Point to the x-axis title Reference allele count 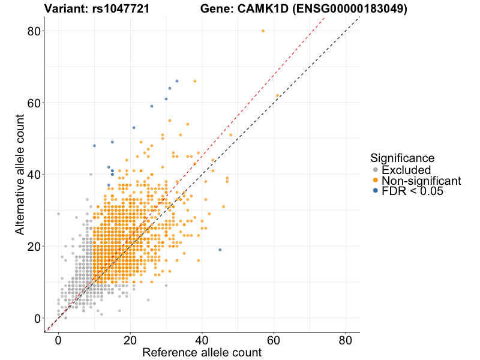point(202,352)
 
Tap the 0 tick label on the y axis point(38,318)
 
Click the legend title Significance point(402,158)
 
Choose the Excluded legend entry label point(406,170)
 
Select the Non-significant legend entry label point(421,181)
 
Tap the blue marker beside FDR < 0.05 point(376,191)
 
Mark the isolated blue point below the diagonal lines point(220,250)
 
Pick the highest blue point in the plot point(177,81)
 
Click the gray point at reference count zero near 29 point(58,214)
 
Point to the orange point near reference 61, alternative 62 point(277,95)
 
